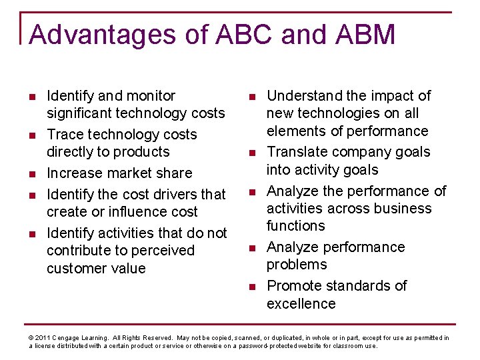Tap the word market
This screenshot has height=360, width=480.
click(133, 173)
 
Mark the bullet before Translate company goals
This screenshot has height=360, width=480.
click(252, 153)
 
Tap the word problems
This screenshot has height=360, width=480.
click(297, 265)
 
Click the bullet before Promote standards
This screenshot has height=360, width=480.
click(252, 287)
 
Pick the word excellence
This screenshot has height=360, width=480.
click(301, 303)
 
